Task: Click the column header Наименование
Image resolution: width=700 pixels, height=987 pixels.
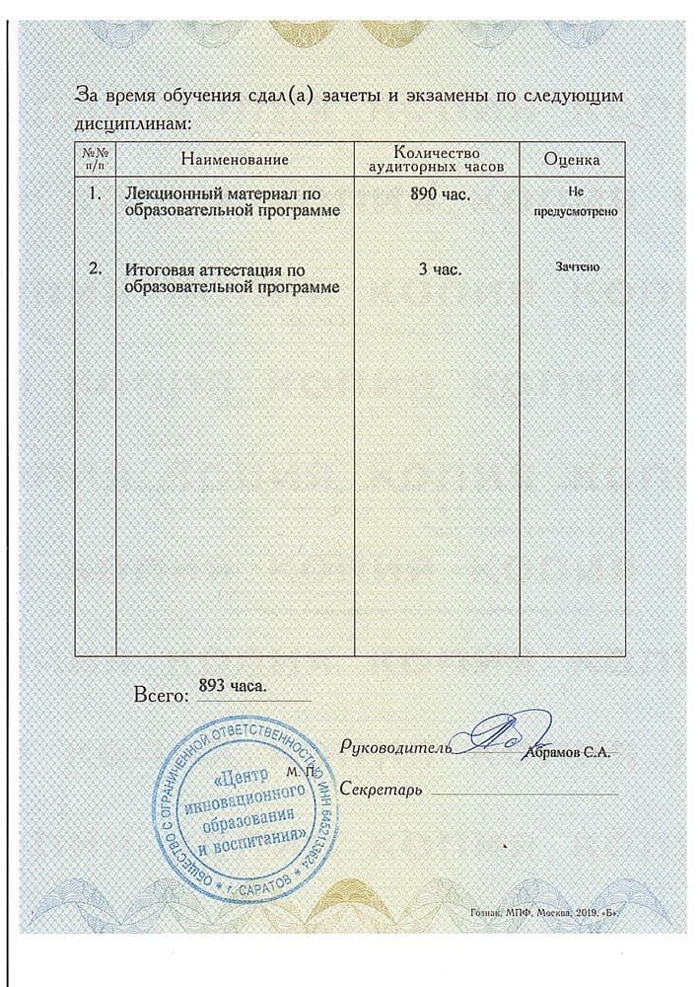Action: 235,159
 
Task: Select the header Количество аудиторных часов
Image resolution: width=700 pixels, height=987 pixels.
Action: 436,159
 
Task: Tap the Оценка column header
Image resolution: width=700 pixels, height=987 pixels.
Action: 572,159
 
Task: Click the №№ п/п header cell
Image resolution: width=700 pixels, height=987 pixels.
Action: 95,159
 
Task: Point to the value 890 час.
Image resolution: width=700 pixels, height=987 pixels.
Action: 439,194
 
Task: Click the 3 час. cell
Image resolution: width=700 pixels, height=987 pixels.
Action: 440,267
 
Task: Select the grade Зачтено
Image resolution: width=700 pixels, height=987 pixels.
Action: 572,266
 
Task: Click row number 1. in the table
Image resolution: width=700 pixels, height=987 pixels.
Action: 95,194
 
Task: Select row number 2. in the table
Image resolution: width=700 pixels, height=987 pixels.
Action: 95,267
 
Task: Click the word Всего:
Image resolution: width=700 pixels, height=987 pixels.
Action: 160,697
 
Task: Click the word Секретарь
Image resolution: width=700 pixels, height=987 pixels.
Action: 381,791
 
